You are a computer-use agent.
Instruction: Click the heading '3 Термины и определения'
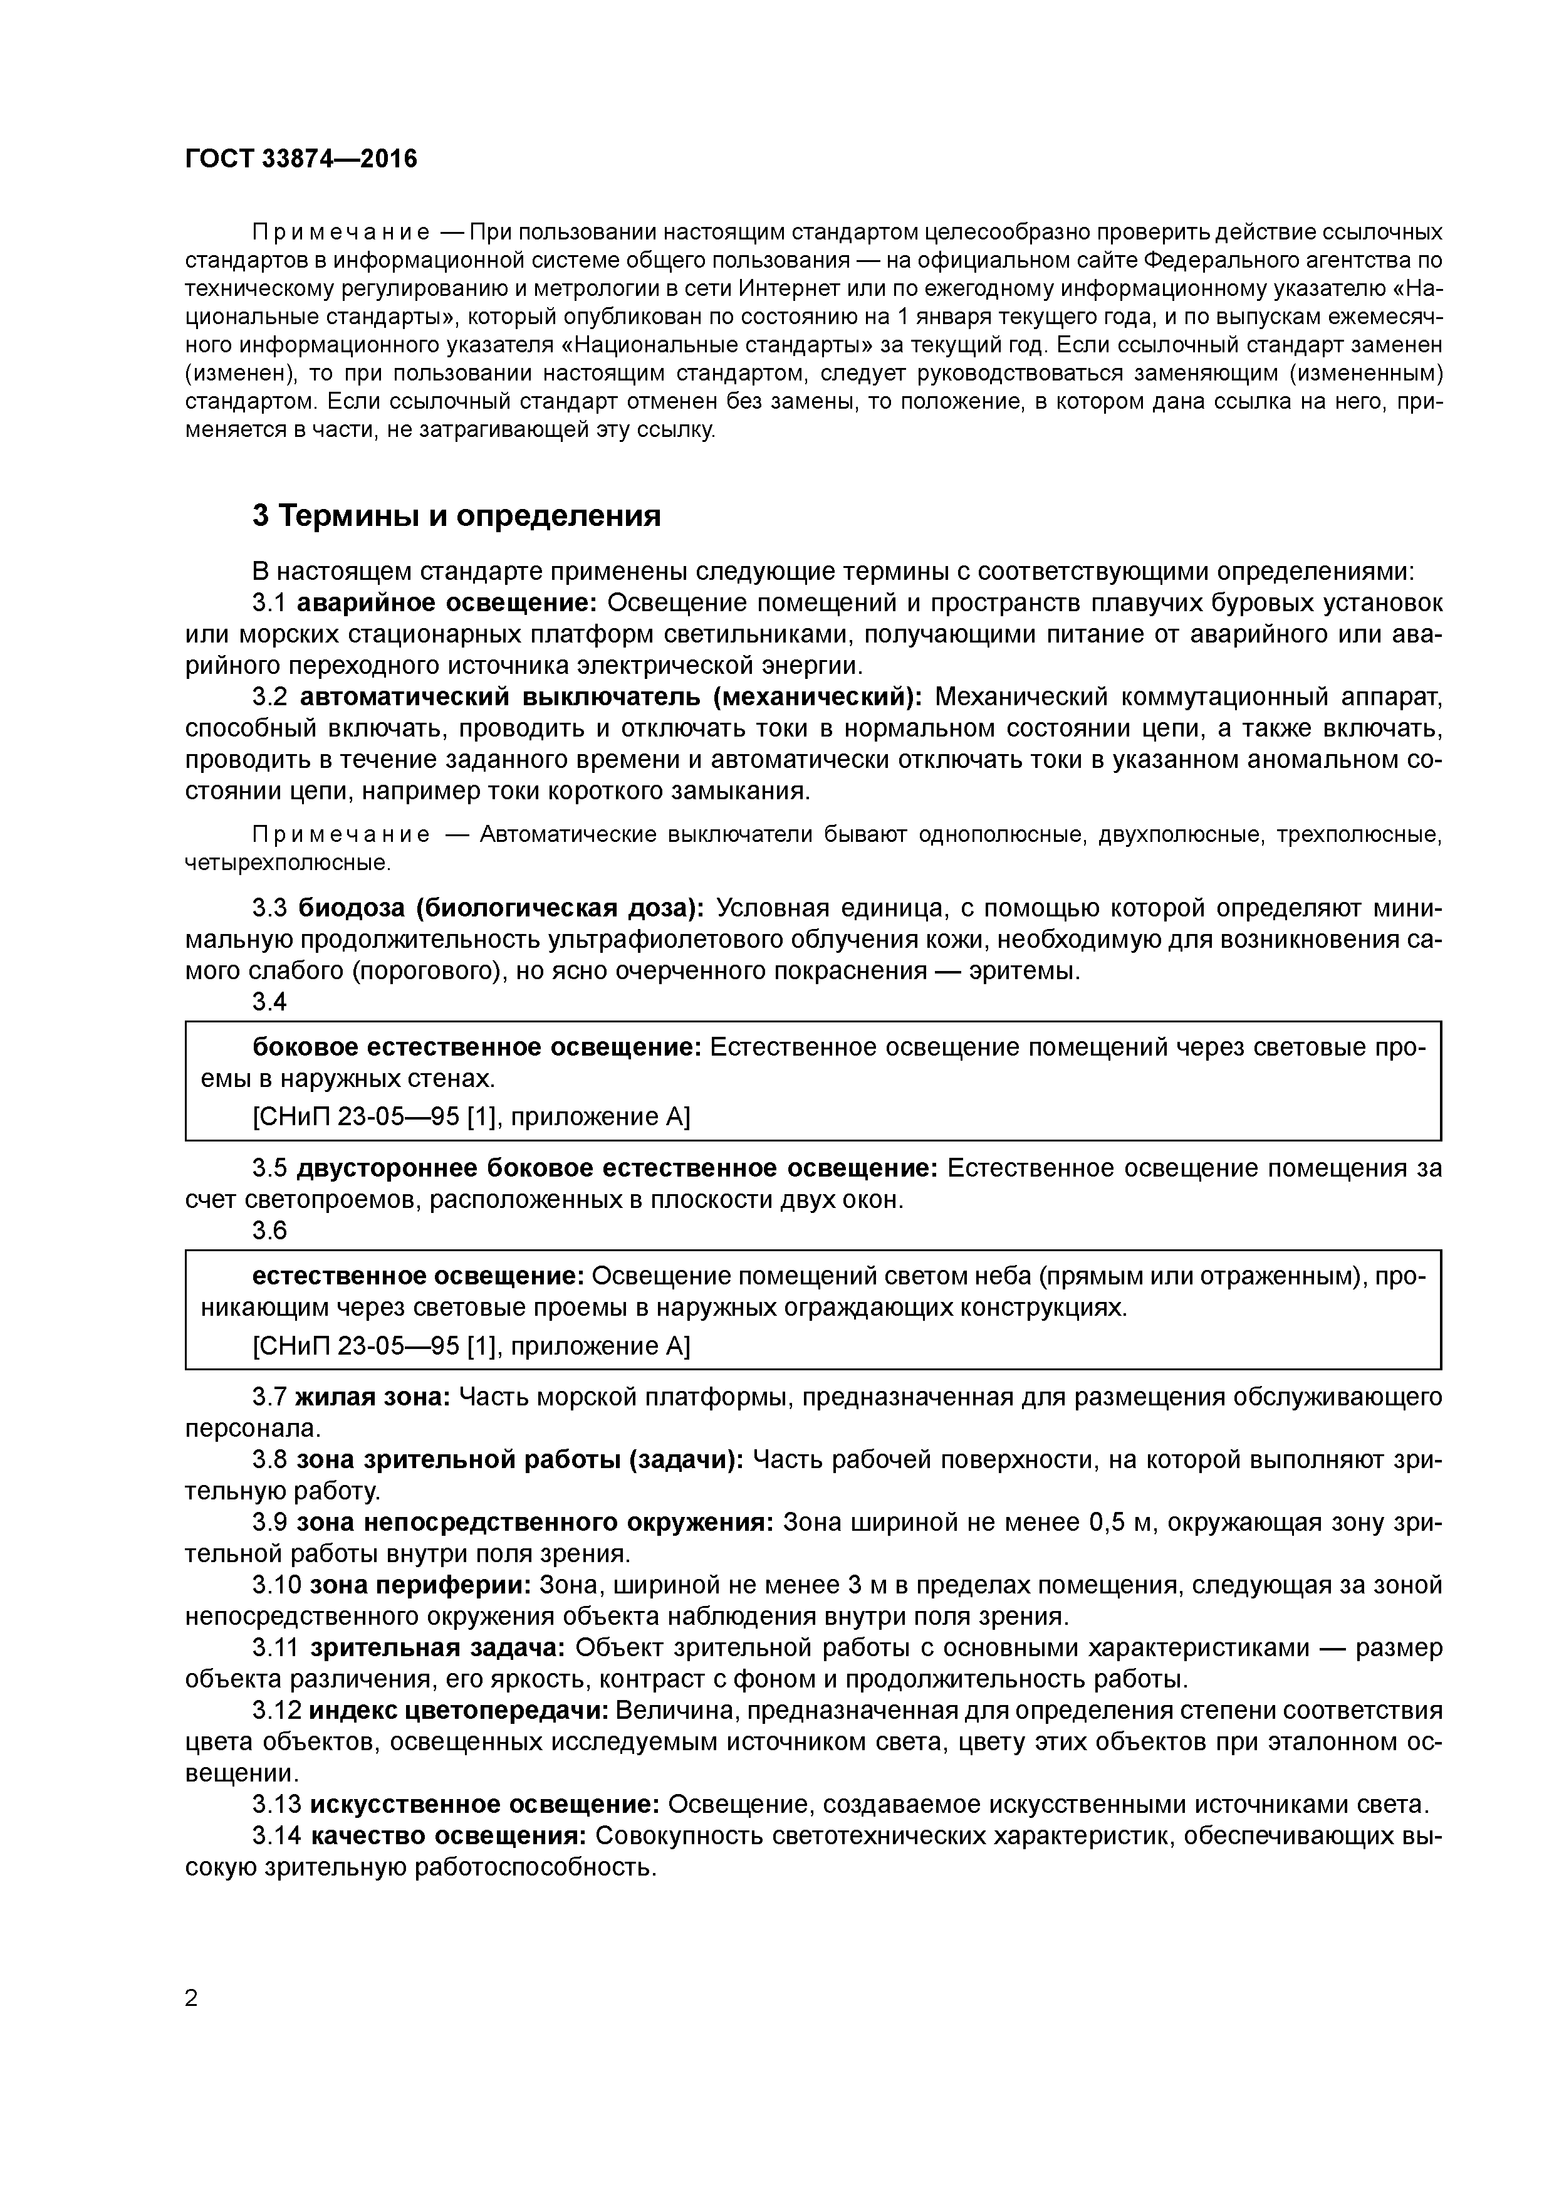click(457, 517)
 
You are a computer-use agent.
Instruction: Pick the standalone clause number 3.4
click(269, 1002)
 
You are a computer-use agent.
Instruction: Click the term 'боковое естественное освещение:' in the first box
click(477, 1047)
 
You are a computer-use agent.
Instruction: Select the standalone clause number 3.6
click(269, 1231)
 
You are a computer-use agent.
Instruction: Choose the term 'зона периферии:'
click(420, 1585)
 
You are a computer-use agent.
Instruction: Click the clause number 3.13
click(276, 1805)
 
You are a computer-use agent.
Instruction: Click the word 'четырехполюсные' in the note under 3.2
click(286, 863)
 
